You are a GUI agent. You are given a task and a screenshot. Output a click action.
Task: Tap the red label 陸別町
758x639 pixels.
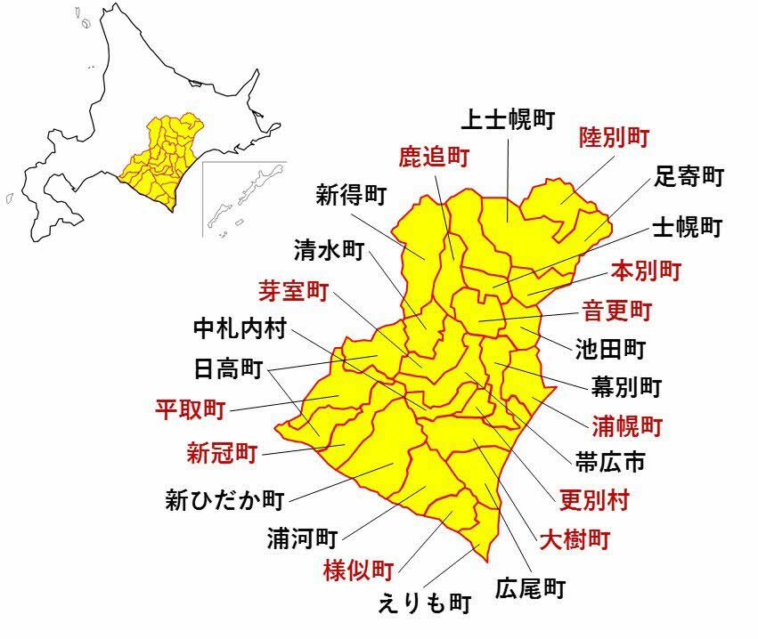pyautogui.click(x=614, y=137)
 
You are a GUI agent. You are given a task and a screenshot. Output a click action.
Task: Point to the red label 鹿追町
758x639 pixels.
pyautogui.click(x=433, y=158)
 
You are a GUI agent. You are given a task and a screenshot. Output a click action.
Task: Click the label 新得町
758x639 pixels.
pyautogui.click(x=352, y=195)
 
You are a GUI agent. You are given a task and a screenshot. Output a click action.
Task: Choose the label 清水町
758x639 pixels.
pyautogui.click(x=329, y=251)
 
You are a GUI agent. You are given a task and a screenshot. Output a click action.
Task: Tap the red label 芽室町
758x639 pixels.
pyautogui.click(x=293, y=290)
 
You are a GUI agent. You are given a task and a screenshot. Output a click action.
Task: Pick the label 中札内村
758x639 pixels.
pyautogui.click(x=240, y=329)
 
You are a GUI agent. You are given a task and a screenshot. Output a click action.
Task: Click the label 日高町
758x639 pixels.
pyautogui.click(x=228, y=368)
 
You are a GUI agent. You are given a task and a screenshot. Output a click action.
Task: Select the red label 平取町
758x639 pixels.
pyautogui.click(x=190, y=409)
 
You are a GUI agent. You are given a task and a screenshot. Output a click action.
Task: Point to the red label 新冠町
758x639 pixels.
pyautogui.click(x=222, y=454)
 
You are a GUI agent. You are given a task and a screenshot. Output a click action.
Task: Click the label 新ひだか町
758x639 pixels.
pyautogui.click(x=224, y=499)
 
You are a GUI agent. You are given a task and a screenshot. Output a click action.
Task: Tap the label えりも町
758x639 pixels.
pyautogui.click(x=423, y=604)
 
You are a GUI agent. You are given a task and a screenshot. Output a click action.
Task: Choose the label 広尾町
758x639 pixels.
pyautogui.click(x=531, y=587)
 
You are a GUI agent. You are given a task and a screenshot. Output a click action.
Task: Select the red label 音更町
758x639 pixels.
pyautogui.click(x=617, y=311)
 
